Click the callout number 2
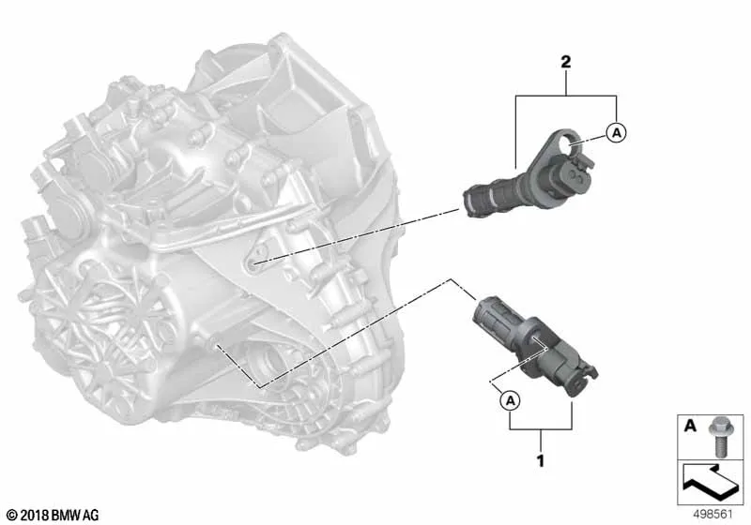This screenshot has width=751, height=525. (566, 62)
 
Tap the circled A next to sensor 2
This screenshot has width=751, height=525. (617, 132)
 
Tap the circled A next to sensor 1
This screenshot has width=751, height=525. (511, 400)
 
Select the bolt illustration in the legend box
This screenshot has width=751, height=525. (718, 436)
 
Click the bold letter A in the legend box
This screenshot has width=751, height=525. (690, 425)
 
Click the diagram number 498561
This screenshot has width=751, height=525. (713, 515)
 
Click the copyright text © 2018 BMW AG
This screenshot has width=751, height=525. (54, 516)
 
